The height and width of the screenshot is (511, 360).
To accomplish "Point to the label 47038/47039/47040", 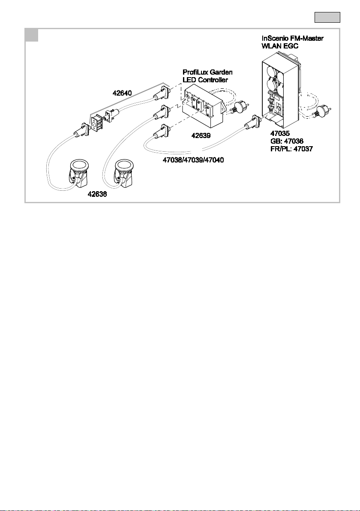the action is coord(192,159).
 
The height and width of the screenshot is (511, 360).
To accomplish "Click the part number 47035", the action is coord(280,133).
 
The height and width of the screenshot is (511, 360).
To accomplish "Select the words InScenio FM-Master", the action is coord(292,38).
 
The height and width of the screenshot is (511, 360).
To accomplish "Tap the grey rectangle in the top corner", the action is coord(327,17).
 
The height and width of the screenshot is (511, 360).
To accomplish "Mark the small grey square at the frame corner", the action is coord(32,35).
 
